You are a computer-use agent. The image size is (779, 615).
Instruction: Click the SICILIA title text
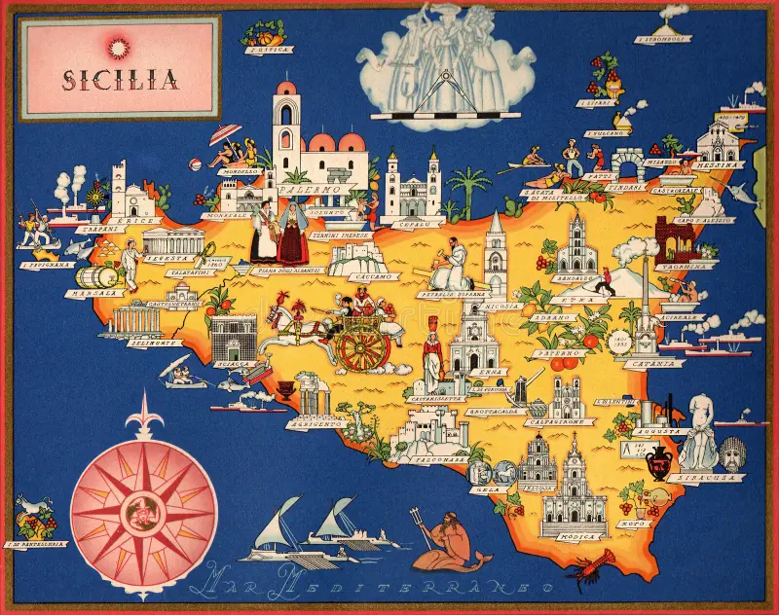(x=121, y=79)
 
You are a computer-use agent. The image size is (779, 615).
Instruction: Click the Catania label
(x=652, y=364)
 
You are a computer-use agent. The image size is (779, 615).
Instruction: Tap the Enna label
(x=481, y=372)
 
